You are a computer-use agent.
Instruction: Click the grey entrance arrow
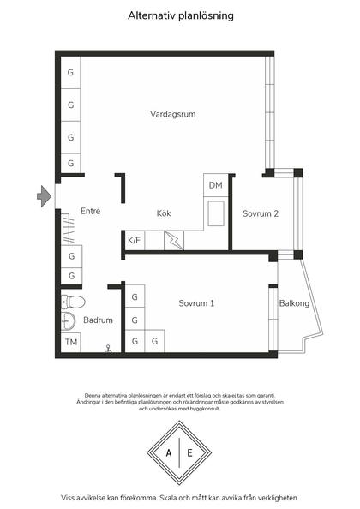point(45,196)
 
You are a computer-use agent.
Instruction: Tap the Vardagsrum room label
point(172,114)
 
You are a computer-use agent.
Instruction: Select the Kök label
point(164,213)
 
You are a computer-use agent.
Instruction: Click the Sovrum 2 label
point(261,213)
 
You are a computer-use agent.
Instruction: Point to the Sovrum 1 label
point(196,303)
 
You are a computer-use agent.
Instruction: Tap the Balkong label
point(294,303)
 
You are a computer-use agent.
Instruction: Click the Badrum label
point(98,320)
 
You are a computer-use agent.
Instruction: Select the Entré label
point(91,211)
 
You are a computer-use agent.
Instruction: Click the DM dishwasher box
point(216,185)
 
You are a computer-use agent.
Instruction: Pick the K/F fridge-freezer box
point(135,240)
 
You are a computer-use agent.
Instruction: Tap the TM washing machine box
point(71,342)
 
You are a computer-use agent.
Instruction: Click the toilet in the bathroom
point(73,302)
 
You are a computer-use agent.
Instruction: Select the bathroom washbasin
point(69,321)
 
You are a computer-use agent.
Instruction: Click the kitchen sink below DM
point(216,213)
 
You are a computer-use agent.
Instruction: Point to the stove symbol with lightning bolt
point(174,240)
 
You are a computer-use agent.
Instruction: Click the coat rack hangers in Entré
point(69,229)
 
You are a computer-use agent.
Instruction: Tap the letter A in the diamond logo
point(169,452)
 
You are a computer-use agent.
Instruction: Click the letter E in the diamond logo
point(190,452)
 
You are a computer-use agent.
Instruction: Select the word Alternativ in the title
point(148,15)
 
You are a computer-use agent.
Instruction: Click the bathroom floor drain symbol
point(108,349)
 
